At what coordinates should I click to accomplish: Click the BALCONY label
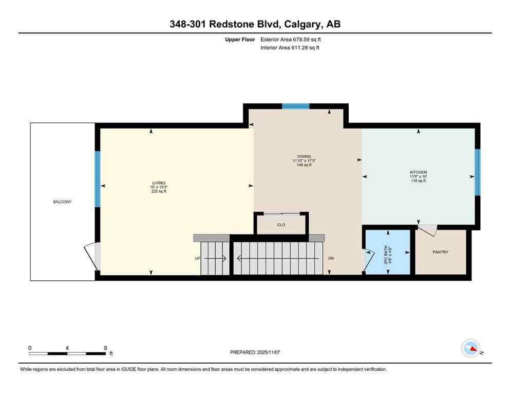pos(62,202)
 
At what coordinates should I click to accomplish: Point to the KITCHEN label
pos(418,172)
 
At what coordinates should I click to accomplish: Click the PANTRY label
pos(440,252)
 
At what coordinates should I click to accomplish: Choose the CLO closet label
pos(281,225)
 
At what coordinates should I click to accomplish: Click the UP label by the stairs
pos(197,258)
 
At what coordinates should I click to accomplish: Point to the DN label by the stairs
pos(331,258)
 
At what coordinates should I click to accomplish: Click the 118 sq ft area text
pos(418,181)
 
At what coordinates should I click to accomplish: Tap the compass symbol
pos(471,349)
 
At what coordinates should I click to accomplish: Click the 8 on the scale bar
pos(105,348)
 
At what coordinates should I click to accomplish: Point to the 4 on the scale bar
pos(67,348)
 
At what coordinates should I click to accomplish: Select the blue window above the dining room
pos(295,106)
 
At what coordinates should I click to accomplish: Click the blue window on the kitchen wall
pos(477,172)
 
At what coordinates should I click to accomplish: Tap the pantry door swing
pos(428,230)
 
